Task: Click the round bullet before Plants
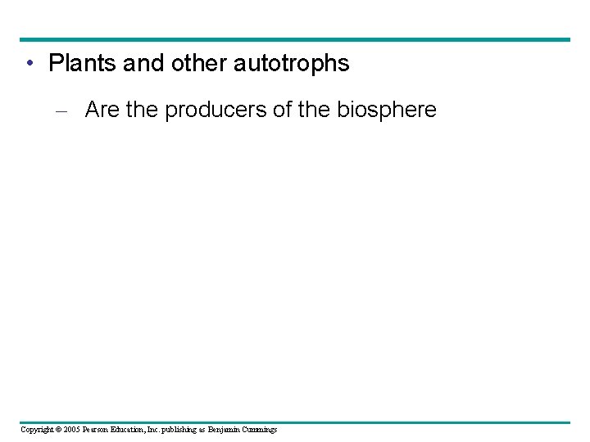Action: coord(29,63)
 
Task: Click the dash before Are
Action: coord(67,110)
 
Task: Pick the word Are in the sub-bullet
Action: coord(102,110)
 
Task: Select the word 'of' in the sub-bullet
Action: coord(282,110)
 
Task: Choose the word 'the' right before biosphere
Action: coord(314,110)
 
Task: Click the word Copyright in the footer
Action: coord(38,430)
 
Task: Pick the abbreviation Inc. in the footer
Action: coord(170,430)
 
